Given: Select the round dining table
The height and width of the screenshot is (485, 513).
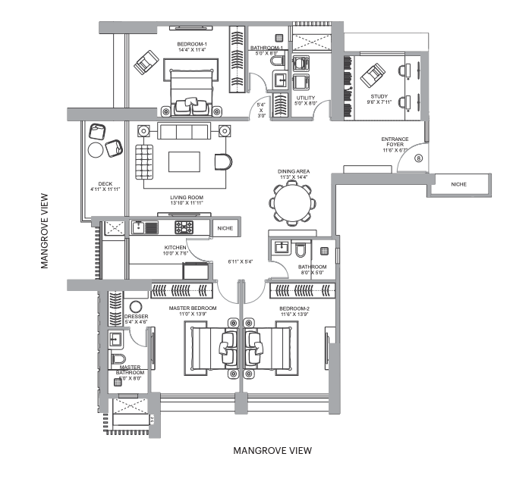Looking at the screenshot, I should click(x=292, y=203).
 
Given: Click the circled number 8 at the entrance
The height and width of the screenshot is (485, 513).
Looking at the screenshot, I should click(x=420, y=158).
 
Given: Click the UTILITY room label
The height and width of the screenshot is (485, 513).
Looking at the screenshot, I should click(x=306, y=99).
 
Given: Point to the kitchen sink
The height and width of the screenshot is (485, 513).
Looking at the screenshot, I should click(x=140, y=227).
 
